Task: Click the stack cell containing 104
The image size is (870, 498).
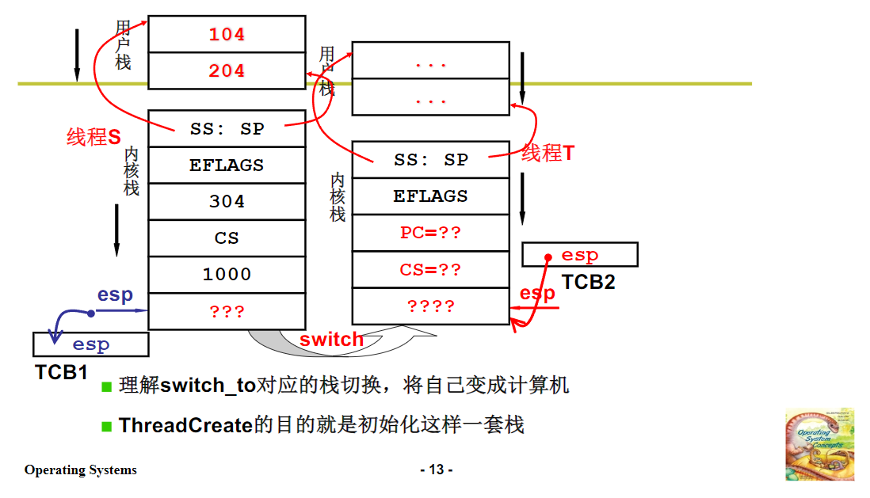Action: click(x=227, y=35)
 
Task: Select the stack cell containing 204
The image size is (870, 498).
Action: click(x=227, y=71)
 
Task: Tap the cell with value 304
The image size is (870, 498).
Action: click(x=227, y=202)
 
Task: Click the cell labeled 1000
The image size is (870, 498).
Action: click(x=227, y=275)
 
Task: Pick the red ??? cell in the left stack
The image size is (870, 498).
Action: click(x=227, y=311)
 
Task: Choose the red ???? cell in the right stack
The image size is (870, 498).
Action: click(x=430, y=306)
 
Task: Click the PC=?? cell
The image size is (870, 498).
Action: click(x=430, y=233)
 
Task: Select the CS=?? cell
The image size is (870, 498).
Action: click(x=430, y=270)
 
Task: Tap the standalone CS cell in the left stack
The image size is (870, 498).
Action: click(x=227, y=238)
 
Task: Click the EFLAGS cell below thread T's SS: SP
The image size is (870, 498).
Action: click(x=430, y=196)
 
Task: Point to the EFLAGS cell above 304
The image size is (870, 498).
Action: click(x=227, y=165)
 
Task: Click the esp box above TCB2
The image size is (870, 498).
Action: click(x=580, y=255)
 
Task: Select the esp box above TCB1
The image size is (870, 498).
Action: click(x=90, y=344)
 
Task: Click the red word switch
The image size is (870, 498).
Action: click(x=331, y=340)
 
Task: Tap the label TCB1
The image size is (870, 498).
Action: click(x=61, y=371)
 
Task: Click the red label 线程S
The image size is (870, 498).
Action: click(x=93, y=137)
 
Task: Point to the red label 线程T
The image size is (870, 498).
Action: click(x=548, y=154)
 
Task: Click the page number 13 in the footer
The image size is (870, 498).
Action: click(x=436, y=469)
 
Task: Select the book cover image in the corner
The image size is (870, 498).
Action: click(x=820, y=444)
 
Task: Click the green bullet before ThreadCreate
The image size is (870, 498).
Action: click(x=107, y=426)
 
